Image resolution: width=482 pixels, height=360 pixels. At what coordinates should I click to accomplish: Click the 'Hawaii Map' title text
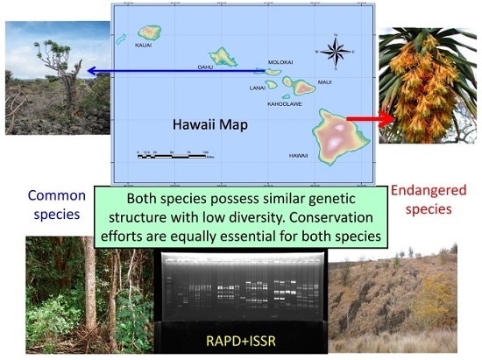209,124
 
